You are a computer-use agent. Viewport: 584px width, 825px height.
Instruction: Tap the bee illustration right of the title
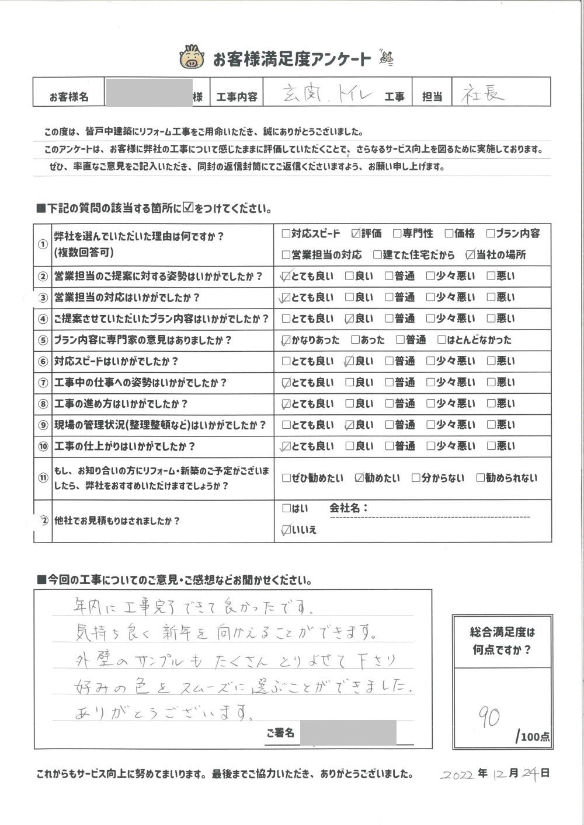(x=386, y=57)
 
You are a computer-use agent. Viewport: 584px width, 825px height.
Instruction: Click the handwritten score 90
(x=489, y=716)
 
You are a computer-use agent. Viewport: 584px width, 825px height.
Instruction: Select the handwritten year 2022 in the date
(x=458, y=774)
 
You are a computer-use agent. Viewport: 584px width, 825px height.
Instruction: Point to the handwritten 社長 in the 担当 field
(x=484, y=94)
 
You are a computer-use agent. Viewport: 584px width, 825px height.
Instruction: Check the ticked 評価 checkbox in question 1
(x=356, y=234)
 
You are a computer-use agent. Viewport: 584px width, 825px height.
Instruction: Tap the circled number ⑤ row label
(x=42, y=340)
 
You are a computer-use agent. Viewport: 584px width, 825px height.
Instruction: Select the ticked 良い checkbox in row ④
(x=350, y=319)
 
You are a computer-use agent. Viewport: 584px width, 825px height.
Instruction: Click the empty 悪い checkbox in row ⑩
(x=491, y=446)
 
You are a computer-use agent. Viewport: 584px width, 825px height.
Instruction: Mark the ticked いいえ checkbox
(x=286, y=530)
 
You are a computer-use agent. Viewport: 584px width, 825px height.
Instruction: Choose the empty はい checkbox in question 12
(x=286, y=508)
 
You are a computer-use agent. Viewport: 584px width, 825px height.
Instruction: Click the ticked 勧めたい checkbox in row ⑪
(x=359, y=478)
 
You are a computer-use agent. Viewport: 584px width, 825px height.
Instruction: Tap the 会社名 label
(x=349, y=508)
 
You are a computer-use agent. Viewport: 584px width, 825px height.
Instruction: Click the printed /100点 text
(x=533, y=737)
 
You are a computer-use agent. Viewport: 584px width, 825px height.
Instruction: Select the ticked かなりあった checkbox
(x=286, y=340)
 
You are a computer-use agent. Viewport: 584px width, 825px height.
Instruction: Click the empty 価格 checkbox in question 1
(x=449, y=234)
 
